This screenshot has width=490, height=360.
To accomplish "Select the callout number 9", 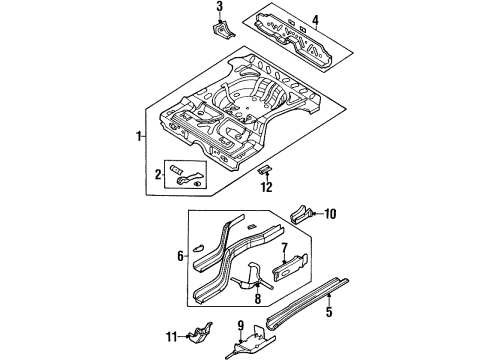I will point(240,325).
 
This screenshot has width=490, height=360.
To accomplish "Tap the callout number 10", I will point(332,212).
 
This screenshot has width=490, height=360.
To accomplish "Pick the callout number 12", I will point(266,185).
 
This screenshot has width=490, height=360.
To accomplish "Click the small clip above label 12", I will point(265,169).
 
